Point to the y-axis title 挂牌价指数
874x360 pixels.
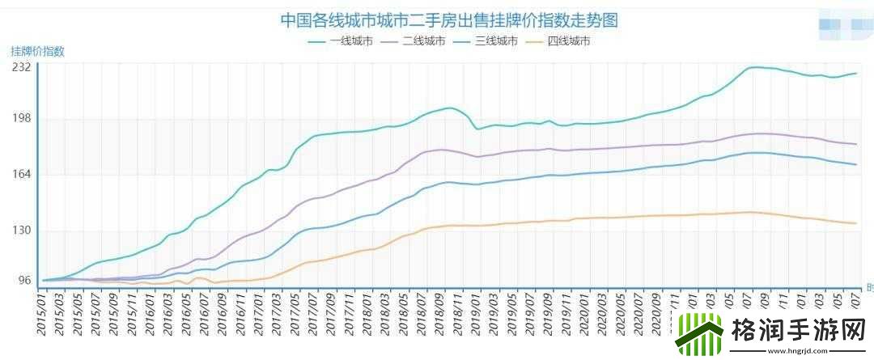click(37, 51)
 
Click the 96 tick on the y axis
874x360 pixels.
click(23, 281)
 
